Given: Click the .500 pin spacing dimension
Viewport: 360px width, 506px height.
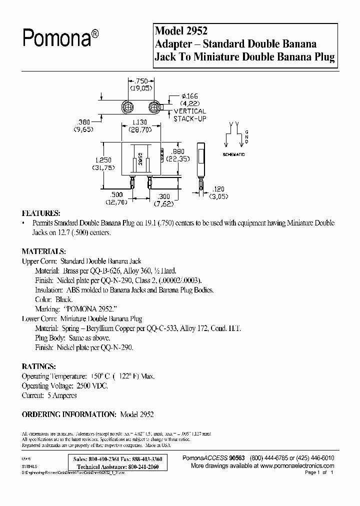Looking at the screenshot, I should [116, 195].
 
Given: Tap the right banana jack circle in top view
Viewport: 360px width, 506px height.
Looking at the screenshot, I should [154, 107].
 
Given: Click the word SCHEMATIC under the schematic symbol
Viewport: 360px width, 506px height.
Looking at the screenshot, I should [233, 155].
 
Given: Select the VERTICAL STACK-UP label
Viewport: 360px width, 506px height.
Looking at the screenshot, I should [190, 114].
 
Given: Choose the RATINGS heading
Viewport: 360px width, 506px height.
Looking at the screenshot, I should [38, 366].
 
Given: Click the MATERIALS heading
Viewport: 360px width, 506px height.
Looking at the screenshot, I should [44, 251].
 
